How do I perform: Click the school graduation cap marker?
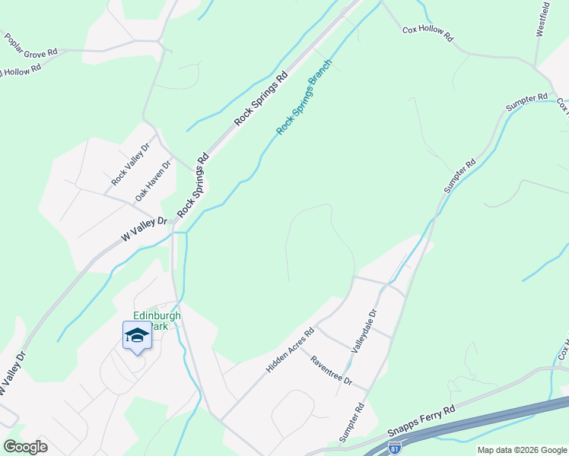(x=137, y=336)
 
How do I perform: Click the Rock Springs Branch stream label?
(x=304, y=97)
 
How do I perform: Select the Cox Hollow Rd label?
(x=428, y=33)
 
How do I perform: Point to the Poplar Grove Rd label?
(x=30, y=45)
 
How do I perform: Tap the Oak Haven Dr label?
(x=153, y=181)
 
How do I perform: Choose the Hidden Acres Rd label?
(x=290, y=350)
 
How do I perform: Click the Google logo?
(x=25, y=446)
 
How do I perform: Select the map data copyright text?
(x=522, y=450)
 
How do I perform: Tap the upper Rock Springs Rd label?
(x=261, y=99)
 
